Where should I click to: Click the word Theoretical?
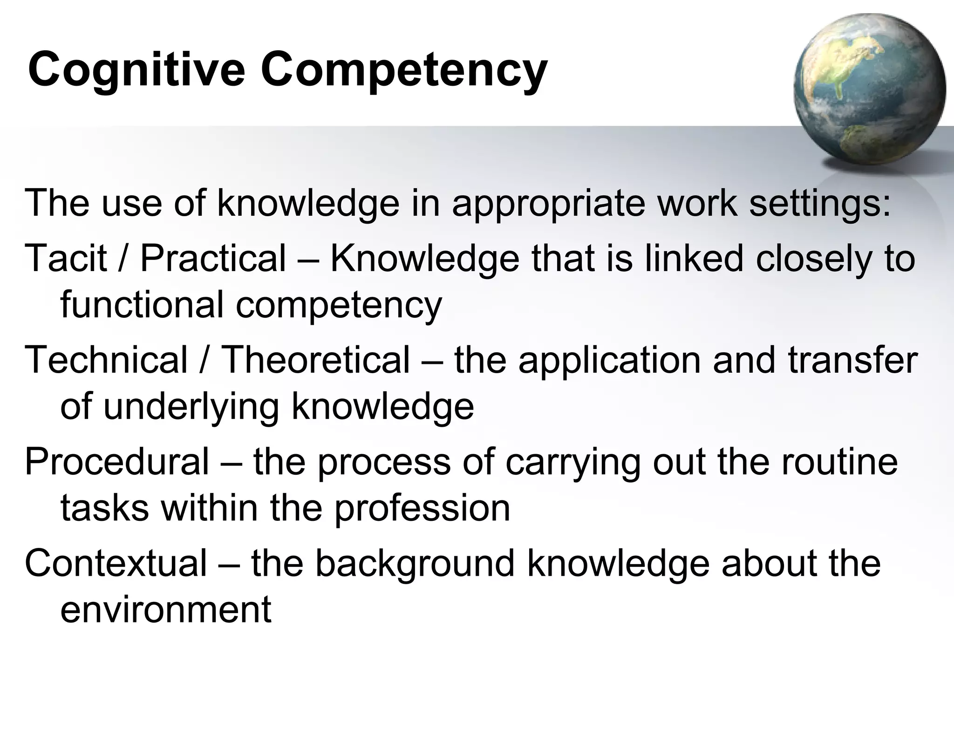[x=315, y=360]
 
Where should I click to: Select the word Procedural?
[x=116, y=461]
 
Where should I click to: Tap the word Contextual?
[x=116, y=563]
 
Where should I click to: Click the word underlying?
[x=191, y=406]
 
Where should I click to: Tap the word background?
[x=415, y=563]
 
